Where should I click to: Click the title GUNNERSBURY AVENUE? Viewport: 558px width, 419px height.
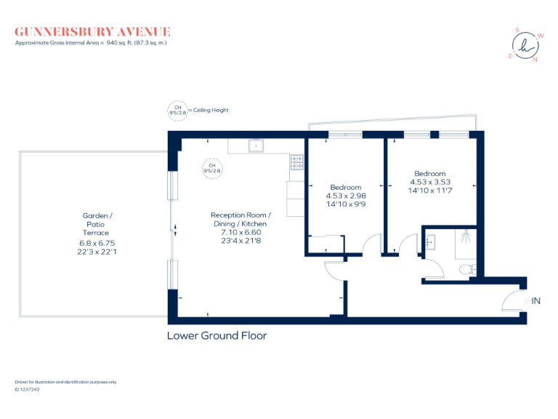[93, 31]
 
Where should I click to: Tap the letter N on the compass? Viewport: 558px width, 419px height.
[535, 60]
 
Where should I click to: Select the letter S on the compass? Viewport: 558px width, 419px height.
[517, 30]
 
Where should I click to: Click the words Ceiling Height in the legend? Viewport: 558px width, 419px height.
[211, 111]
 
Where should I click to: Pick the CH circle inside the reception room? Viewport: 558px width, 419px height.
[213, 167]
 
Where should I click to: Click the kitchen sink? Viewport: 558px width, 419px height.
[256, 146]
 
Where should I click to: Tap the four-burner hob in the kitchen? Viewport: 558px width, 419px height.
[297, 162]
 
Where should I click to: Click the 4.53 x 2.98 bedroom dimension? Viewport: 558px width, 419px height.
[345, 196]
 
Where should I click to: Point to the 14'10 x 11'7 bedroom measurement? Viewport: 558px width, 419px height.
[428, 190]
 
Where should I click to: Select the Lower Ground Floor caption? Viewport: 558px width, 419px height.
[217, 336]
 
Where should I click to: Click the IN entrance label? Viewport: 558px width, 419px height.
[536, 301]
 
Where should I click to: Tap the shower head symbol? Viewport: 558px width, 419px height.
[466, 235]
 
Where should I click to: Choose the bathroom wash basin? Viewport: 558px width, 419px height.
[429, 241]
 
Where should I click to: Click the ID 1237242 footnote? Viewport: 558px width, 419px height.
[28, 389]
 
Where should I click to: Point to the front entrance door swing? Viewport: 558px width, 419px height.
[514, 300]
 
